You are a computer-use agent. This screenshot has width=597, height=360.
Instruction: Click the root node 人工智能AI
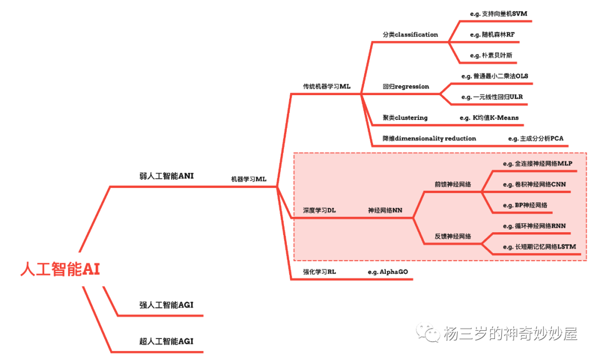(x=60, y=270)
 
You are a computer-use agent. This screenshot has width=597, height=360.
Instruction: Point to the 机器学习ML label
(x=248, y=179)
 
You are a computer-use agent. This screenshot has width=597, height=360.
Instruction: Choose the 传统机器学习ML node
(x=326, y=86)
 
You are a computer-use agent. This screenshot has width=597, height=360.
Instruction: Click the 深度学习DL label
(x=319, y=211)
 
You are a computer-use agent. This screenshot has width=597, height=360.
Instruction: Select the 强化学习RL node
(x=319, y=272)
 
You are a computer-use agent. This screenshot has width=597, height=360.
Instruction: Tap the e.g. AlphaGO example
(x=387, y=272)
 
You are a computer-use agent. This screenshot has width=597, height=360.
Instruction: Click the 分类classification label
(x=410, y=34)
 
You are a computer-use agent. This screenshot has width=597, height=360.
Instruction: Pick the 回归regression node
(x=406, y=86)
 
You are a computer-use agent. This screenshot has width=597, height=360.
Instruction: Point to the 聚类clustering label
(x=405, y=118)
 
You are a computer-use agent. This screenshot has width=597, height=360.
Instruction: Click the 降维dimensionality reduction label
(x=429, y=138)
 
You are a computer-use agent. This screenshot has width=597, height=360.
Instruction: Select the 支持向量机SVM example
(x=495, y=13)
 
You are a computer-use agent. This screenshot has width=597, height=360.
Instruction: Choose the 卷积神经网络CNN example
(x=534, y=184)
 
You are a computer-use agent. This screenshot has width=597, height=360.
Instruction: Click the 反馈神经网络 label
(x=453, y=236)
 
